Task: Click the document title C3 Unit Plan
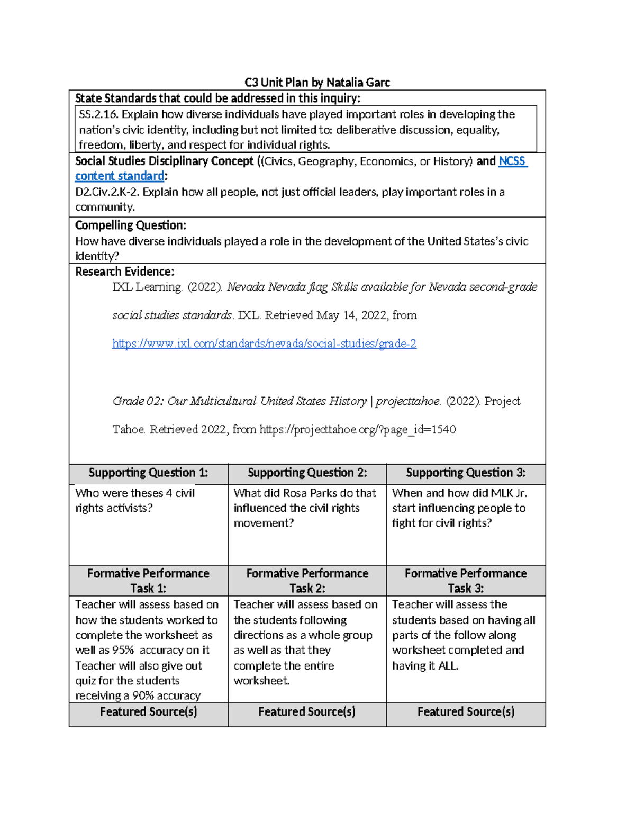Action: pyautogui.click(x=316, y=82)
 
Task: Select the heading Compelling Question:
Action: pyautogui.click(x=130, y=225)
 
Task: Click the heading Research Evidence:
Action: pyautogui.click(x=124, y=272)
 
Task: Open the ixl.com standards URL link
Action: pyautogui.click(x=264, y=344)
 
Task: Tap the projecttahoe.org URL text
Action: pyautogui.click(x=357, y=430)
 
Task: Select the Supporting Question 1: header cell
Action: pyautogui.click(x=148, y=473)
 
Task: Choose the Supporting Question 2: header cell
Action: pyautogui.click(x=307, y=473)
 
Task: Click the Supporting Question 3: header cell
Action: pyautogui.click(x=466, y=473)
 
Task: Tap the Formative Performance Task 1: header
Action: pyautogui.click(x=148, y=581)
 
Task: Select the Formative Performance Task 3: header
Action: pyautogui.click(x=466, y=581)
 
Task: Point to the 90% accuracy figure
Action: pyautogui.click(x=143, y=696)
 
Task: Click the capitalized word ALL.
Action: pyautogui.click(x=448, y=666)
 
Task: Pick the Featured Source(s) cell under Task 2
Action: pyautogui.click(x=307, y=712)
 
